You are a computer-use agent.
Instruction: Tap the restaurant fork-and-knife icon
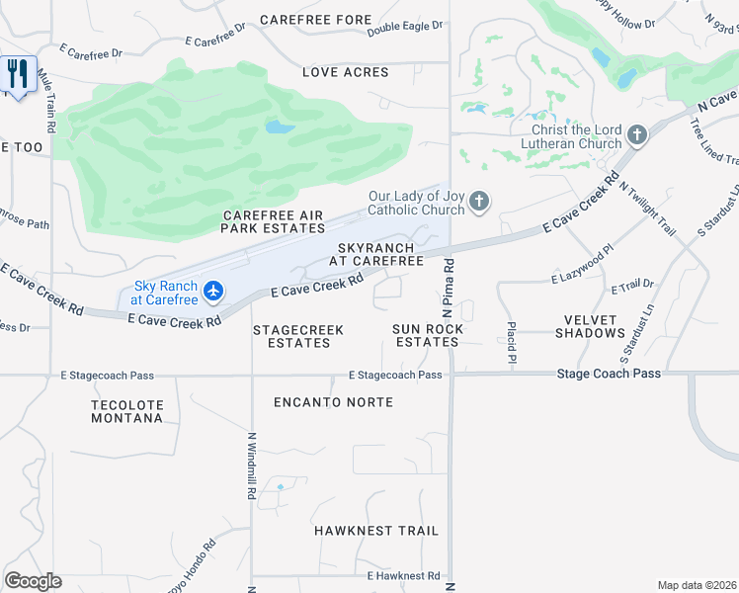tap(18, 74)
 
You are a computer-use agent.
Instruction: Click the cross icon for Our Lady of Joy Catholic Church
tap(480, 203)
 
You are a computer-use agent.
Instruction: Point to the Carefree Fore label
tap(316, 20)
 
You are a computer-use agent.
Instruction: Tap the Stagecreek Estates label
tap(291, 336)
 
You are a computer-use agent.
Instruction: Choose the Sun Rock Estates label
tap(426, 335)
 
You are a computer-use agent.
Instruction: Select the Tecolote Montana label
tap(126, 411)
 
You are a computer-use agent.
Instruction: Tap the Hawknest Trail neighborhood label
tap(376, 531)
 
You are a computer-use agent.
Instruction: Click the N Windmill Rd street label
tap(252, 465)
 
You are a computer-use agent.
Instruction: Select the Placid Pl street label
tap(512, 339)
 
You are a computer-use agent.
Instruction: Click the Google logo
tap(33, 581)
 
